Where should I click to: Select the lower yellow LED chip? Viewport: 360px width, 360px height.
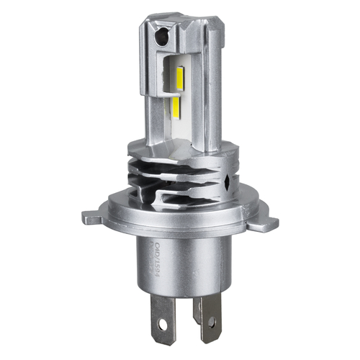176,108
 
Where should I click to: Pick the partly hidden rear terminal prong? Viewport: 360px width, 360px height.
197,306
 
